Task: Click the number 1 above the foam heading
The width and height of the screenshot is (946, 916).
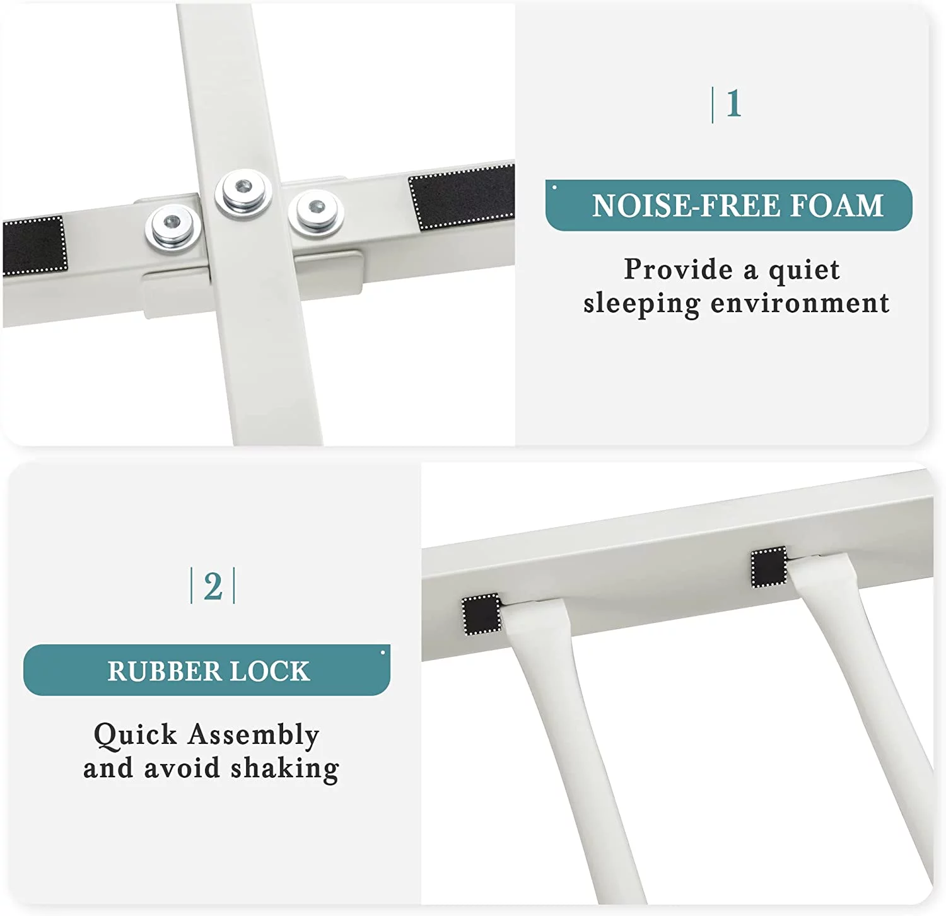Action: [733, 104]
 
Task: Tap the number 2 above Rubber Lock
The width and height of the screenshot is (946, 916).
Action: [213, 586]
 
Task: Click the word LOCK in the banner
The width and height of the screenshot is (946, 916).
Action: [270, 671]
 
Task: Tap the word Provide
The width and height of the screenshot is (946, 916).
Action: [679, 269]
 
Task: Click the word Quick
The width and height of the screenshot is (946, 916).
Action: [136, 736]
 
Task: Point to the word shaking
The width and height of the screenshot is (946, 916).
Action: [284, 769]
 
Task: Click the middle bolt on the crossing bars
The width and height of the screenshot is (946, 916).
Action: [243, 191]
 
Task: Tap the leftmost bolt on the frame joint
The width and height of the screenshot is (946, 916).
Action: [173, 226]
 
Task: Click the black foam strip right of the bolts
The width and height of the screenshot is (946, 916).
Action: [462, 197]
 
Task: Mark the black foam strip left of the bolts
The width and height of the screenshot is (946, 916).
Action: [35, 246]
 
